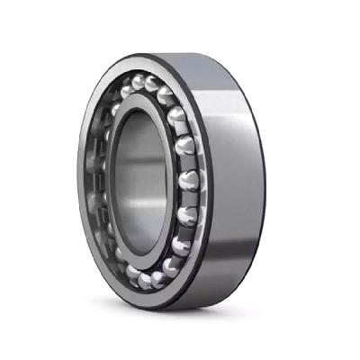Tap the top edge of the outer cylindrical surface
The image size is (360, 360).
[207, 56]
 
